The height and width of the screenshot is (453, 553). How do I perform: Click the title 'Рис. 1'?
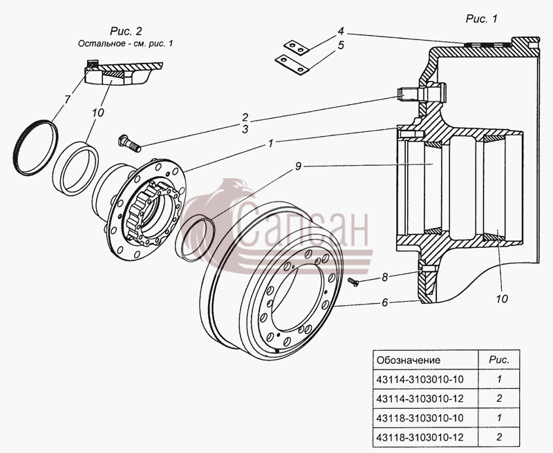tap(481, 19)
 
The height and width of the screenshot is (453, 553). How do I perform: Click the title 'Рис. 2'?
tap(126, 31)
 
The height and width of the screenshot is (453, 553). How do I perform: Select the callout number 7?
tap(67, 99)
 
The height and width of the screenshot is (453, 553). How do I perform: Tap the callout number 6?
tap(384, 302)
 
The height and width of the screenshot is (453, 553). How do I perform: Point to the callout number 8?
tap(384, 277)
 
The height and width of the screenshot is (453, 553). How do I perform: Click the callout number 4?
tap(340, 31)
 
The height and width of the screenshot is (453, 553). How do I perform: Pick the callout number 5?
tap(341, 46)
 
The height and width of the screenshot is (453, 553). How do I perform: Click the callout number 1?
tap(270, 144)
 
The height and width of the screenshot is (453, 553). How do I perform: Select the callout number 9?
tap(299, 166)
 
